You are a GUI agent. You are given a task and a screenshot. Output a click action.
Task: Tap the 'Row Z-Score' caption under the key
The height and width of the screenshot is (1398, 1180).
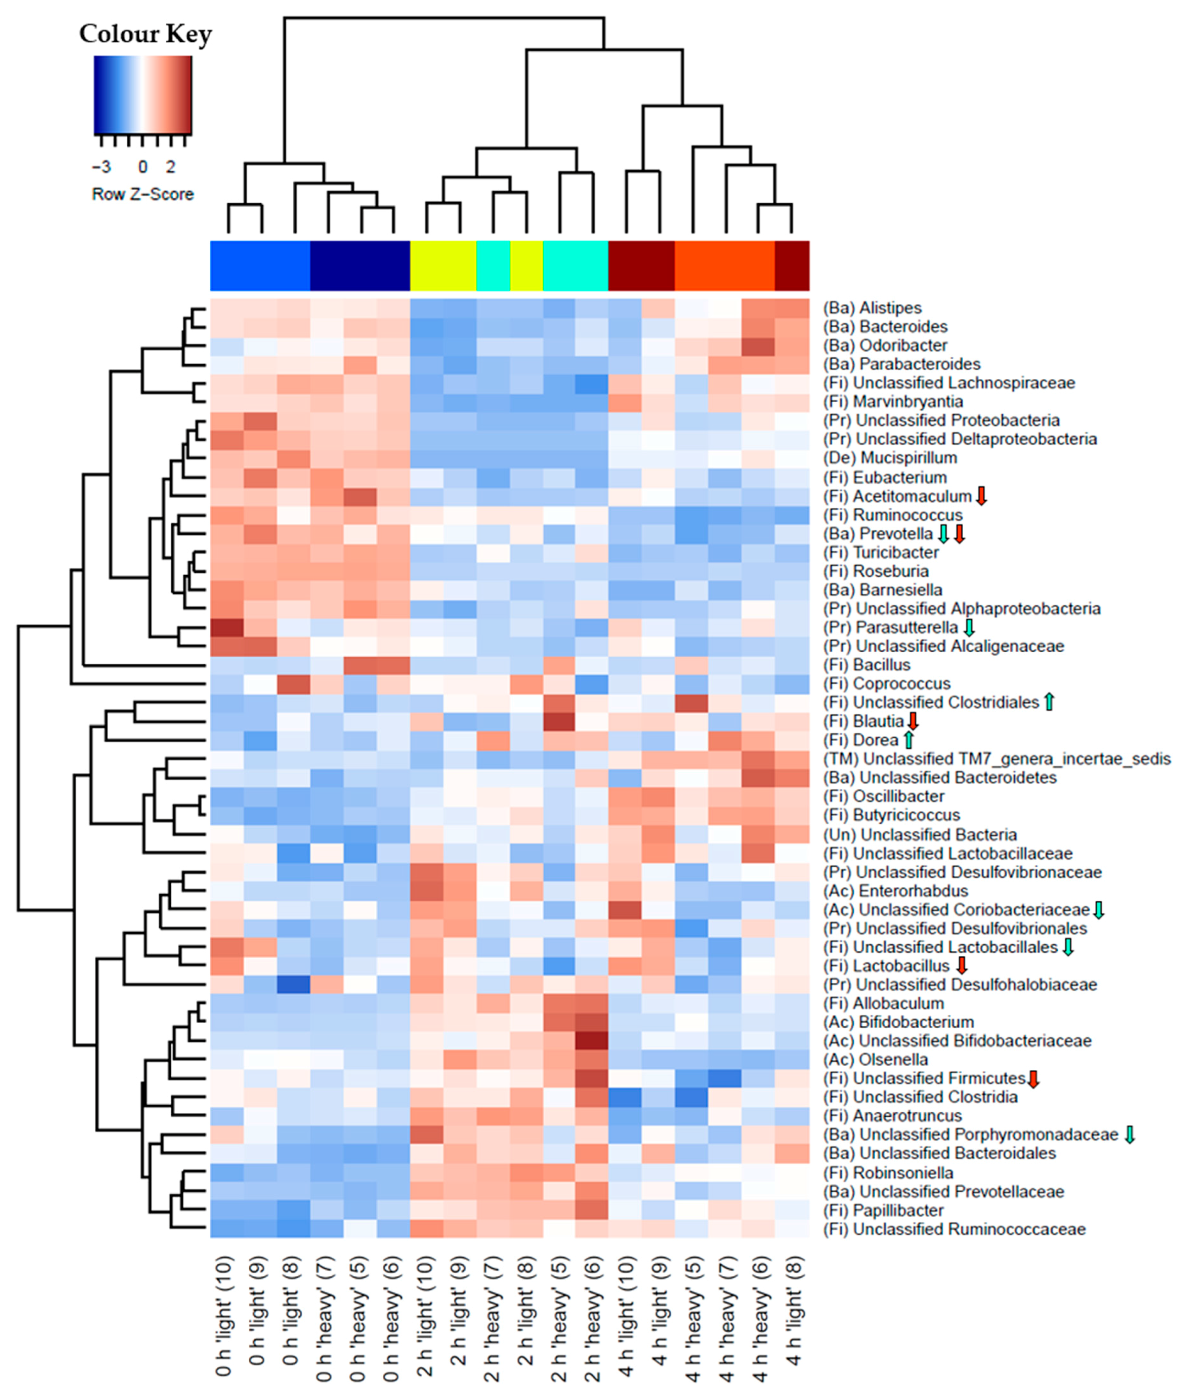(142, 194)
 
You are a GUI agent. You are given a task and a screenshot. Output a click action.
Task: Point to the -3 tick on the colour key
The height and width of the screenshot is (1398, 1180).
(102, 166)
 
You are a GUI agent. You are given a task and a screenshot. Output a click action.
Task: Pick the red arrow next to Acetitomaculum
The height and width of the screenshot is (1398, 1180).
(981, 496)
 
